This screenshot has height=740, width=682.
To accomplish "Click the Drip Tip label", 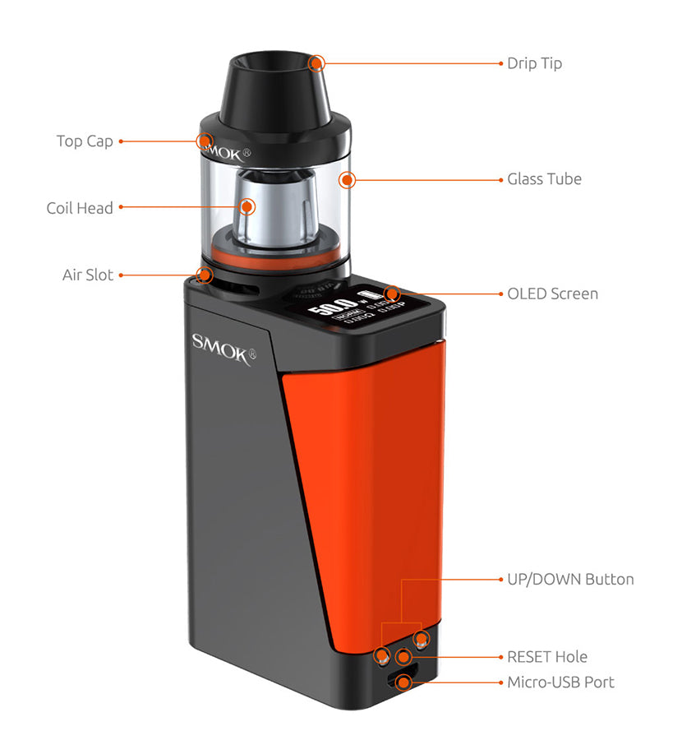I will [534, 63].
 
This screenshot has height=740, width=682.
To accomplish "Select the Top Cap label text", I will [85, 141].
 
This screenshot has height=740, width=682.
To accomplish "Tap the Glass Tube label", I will [544, 178].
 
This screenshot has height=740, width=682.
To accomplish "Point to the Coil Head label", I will [80, 208].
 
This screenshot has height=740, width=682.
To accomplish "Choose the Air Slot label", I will [88, 275].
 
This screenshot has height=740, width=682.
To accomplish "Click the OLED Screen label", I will [552, 294].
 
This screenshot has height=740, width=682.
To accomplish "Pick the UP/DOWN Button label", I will [570, 579].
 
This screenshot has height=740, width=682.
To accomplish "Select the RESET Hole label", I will [547, 657].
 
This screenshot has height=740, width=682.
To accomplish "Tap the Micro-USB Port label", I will [560, 682].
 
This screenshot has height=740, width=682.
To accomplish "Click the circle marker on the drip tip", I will [316, 62].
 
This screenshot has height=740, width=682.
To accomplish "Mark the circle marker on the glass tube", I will [347, 179].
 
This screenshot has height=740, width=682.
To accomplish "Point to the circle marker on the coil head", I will [247, 207].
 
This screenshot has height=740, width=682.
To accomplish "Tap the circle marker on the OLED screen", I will [392, 294].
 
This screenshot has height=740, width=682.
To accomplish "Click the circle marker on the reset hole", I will [403, 657].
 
